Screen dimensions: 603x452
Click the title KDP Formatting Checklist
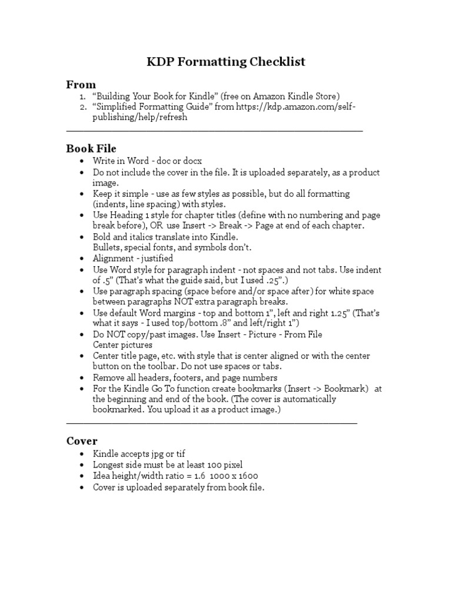(x=226, y=62)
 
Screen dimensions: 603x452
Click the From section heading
(x=81, y=84)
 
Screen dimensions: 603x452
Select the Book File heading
(x=91, y=148)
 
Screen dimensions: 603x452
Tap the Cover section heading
(x=82, y=440)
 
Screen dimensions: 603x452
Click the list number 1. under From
(x=83, y=97)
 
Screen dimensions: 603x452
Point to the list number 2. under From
(x=83, y=107)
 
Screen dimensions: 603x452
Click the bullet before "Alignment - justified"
(x=81, y=259)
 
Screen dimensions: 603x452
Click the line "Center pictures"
(x=122, y=344)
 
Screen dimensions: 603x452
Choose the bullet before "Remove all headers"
(x=81, y=377)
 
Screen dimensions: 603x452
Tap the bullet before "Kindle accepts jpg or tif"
(x=81, y=454)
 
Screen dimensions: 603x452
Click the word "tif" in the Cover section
(x=181, y=453)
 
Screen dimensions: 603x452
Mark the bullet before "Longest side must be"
(x=81, y=465)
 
